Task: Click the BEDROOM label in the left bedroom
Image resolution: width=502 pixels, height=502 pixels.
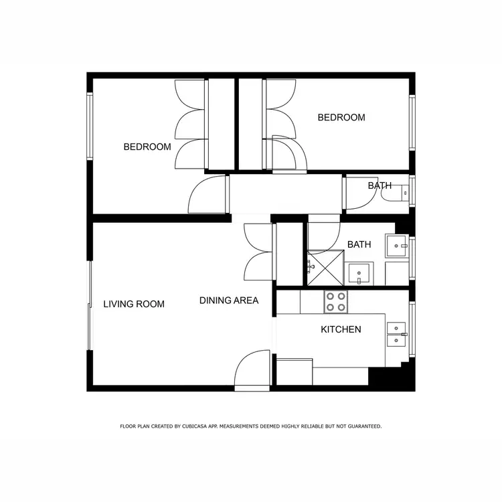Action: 147,147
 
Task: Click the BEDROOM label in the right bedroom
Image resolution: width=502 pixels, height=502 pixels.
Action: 341,118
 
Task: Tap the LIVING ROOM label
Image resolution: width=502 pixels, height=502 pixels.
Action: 134,304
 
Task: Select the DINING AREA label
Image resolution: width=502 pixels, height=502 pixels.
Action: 229,301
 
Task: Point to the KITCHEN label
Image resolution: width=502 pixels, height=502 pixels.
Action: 341,329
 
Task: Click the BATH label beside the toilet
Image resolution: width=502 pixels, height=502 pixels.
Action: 380,185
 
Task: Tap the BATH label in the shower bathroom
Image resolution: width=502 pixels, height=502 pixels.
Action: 359,245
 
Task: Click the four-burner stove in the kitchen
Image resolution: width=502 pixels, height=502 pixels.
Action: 335,302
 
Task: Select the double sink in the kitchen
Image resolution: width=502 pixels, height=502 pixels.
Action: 396,333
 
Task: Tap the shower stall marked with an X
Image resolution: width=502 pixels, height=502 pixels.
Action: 325,268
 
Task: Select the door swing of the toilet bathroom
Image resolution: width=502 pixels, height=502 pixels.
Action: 357,195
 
